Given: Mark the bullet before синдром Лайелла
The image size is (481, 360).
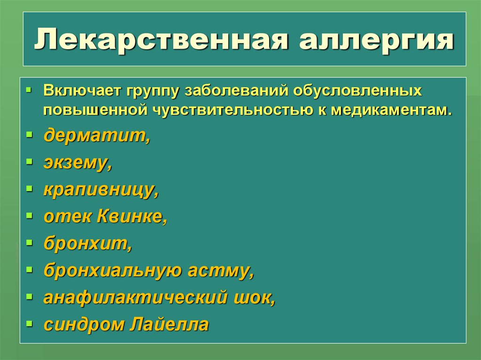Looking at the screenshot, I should coord(29,323).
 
